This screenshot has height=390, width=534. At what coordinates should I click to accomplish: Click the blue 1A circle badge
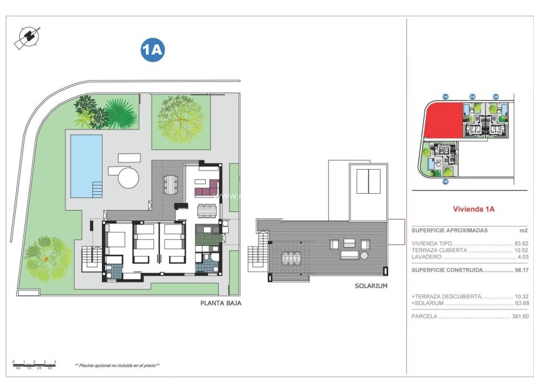click(x=152, y=50)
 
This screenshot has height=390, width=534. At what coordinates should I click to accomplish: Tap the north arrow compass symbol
click(x=26, y=37)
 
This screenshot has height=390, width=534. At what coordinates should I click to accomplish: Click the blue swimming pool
click(x=86, y=165)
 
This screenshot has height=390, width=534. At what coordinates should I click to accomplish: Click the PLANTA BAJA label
click(x=220, y=303)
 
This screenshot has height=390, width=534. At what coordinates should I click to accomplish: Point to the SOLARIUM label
click(x=370, y=286)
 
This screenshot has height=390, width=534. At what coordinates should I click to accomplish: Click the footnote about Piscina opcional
click(x=118, y=365)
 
